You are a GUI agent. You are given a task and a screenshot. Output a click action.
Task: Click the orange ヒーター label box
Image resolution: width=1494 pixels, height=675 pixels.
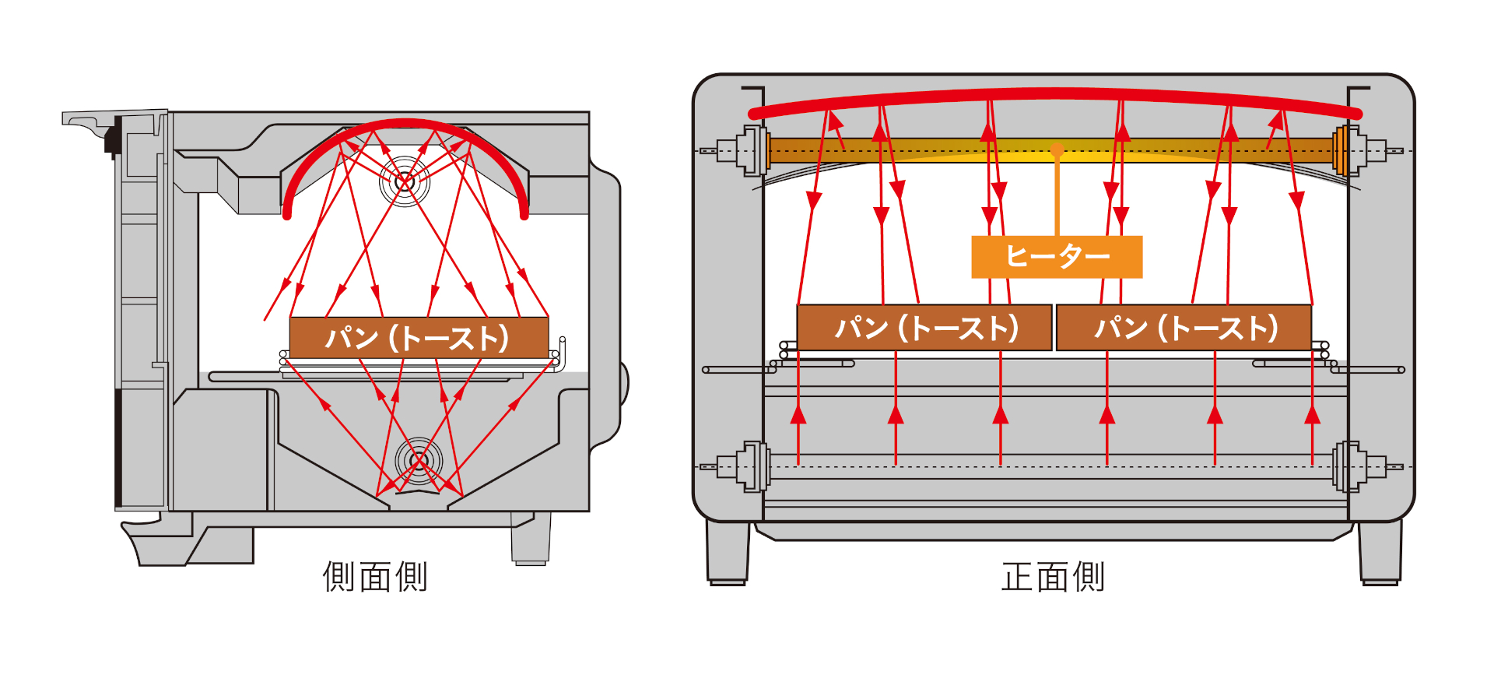click(x=1056, y=256)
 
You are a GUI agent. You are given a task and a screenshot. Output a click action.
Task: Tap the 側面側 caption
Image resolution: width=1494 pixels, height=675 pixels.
click(x=375, y=577)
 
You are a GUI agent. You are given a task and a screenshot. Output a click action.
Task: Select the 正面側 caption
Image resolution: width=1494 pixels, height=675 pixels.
click(x=1052, y=577)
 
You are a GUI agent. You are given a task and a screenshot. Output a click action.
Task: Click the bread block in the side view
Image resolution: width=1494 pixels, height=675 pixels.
click(x=419, y=337)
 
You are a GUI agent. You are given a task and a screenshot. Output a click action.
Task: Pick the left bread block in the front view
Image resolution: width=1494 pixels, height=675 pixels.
click(x=924, y=328)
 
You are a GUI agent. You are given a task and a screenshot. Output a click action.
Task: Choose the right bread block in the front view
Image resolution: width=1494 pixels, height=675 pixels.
click(x=1184, y=328)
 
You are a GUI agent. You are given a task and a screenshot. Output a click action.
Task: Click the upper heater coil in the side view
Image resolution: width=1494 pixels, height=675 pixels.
click(x=404, y=181)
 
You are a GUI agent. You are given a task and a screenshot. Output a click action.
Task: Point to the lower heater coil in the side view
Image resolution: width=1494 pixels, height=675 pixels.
click(x=418, y=461)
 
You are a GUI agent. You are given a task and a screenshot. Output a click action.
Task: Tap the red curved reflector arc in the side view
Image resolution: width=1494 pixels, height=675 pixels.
click(x=405, y=125)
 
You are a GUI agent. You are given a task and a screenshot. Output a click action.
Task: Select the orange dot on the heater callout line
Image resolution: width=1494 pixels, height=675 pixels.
click(x=1057, y=151)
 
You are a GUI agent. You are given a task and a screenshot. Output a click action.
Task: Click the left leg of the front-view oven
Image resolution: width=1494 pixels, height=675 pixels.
click(x=728, y=553)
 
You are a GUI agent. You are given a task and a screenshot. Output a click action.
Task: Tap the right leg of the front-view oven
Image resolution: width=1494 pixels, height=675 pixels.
click(x=1380, y=553)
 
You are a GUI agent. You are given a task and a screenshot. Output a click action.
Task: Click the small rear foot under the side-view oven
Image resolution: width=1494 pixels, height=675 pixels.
click(x=531, y=539)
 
